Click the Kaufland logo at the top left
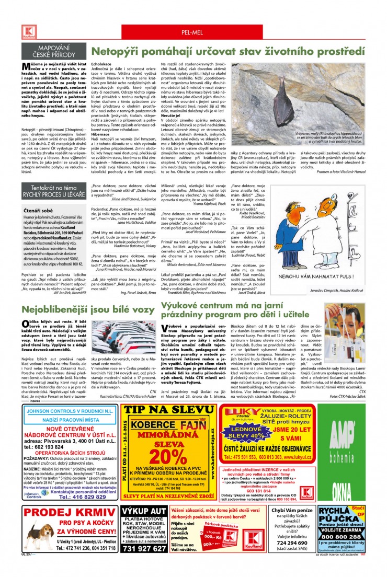coord(27,31)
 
